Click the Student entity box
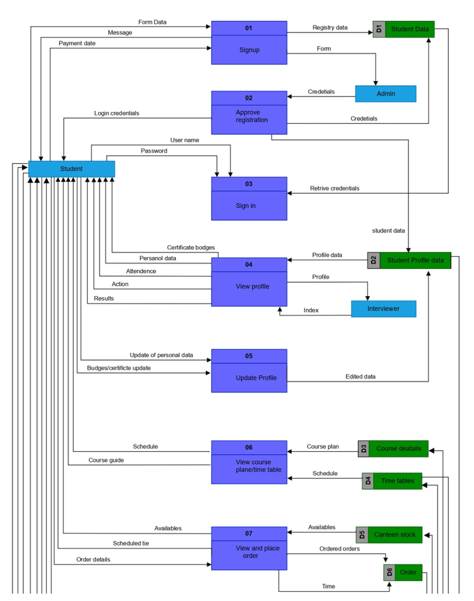click(71, 169)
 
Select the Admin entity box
click(385, 94)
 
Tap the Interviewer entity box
click(383, 309)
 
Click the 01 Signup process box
click(249, 43)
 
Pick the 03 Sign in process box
click(249, 199)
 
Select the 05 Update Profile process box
click(249, 371)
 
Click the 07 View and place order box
click(249, 548)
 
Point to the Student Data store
click(409, 30)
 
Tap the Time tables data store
click(397, 481)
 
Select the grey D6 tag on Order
click(389, 573)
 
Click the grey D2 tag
click(373, 260)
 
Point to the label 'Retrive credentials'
click(335, 188)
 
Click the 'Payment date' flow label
click(77, 43)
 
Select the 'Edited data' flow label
click(360, 376)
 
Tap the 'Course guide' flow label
click(106, 460)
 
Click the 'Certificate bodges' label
click(191, 247)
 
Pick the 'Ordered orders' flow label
click(339, 548)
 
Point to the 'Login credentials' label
click(117, 113)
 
